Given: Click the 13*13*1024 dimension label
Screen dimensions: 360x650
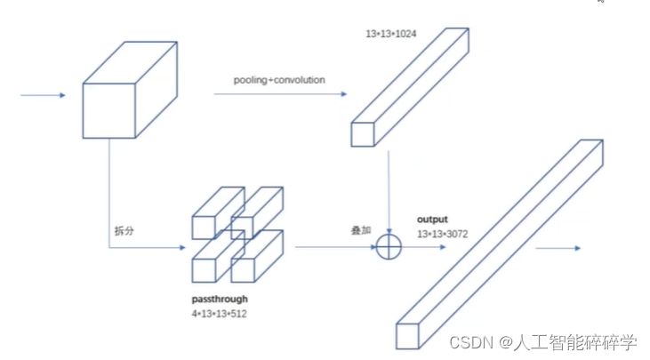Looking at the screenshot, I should [x=391, y=34].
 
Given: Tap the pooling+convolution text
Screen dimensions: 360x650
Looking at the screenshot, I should [x=279, y=80].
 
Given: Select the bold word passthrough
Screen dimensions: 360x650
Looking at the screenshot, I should [x=220, y=300].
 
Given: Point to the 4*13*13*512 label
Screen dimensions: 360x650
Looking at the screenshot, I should [x=219, y=314].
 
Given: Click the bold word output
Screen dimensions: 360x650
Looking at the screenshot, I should [x=433, y=219].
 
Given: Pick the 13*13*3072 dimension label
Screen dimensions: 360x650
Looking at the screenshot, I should [x=443, y=234].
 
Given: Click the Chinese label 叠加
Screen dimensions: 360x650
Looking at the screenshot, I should [x=360, y=230].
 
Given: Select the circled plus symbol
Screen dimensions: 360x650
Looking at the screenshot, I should [x=389, y=246].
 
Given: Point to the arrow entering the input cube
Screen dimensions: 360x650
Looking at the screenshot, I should [x=44, y=95].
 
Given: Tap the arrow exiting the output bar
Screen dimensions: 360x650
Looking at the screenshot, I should [x=558, y=249].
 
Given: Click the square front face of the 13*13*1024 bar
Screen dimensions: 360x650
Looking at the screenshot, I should [x=362, y=134].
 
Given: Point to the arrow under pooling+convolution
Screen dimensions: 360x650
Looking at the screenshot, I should [x=277, y=92].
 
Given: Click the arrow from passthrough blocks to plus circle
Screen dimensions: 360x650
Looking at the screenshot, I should [x=334, y=246].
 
